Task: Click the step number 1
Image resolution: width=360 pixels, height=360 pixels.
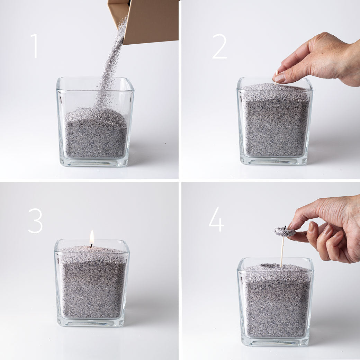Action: click(x=34, y=46)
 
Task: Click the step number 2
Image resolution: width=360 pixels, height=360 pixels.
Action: click(x=219, y=46)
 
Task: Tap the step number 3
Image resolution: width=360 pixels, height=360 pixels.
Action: click(x=35, y=220)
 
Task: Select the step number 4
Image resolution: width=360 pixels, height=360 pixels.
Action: click(x=217, y=219)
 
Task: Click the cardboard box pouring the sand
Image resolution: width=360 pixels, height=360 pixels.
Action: click(x=149, y=21)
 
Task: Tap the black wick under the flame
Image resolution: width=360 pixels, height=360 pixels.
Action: click(x=91, y=246)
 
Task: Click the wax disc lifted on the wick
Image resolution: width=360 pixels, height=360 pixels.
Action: click(x=284, y=232)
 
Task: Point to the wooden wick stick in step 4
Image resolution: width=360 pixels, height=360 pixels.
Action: click(x=282, y=251)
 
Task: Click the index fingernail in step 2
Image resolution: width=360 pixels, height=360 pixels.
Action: click(x=280, y=78)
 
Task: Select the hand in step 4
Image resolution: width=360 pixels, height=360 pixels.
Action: click(x=329, y=230)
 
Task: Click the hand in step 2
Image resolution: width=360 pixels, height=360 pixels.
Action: click(x=322, y=59)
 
